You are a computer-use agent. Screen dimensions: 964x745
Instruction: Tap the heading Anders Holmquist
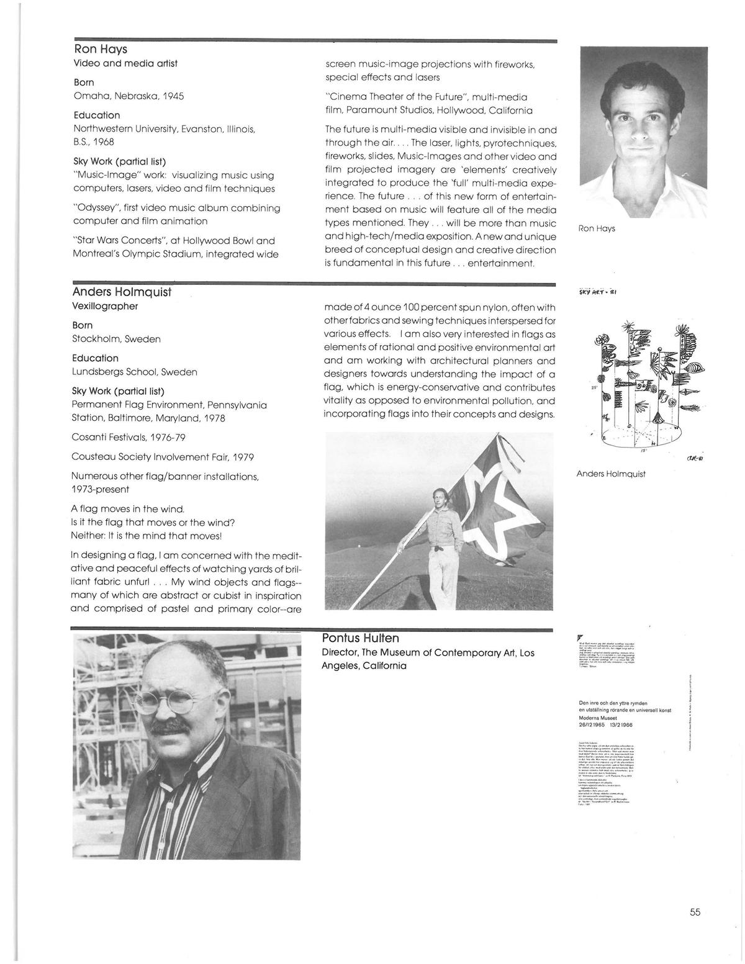pyautogui.click(x=121, y=292)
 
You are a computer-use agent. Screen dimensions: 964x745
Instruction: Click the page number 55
pyautogui.click(x=694, y=912)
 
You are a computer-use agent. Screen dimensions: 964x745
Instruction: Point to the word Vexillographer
pyautogui.click(x=105, y=306)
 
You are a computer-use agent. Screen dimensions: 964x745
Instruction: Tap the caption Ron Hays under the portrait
pyautogui.click(x=597, y=228)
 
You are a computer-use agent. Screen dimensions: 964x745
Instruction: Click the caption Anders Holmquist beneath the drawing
pyautogui.click(x=610, y=474)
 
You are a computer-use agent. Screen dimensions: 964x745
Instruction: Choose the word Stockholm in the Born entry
pyautogui.click(x=97, y=340)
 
